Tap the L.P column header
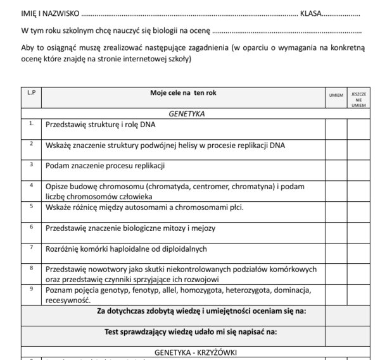pyautogui.click(x=32, y=92)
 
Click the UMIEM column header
pyautogui.click(x=336, y=96)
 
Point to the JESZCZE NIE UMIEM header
pyautogui.click(x=358, y=99)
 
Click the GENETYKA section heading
pyautogui.click(x=186, y=115)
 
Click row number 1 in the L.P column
pyautogui.click(x=31, y=123)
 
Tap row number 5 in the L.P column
pyautogui.click(x=31, y=206)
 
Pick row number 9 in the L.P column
pyautogui.click(x=31, y=289)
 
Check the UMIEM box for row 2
pyautogui.click(x=336, y=146)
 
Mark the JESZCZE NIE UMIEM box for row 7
pyautogui.click(x=358, y=250)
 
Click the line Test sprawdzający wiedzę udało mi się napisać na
pyautogui.click(x=191, y=331)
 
